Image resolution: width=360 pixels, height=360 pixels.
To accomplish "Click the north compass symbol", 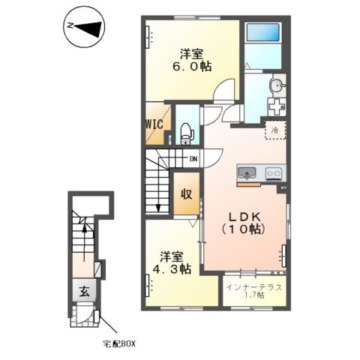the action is click(x=84, y=26).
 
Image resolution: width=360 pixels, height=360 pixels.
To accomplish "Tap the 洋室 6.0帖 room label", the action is click(x=192, y=60).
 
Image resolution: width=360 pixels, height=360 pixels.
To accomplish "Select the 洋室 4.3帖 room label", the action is click(x=172, y=263).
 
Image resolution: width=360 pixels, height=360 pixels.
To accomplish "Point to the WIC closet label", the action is click(x=154, y=124).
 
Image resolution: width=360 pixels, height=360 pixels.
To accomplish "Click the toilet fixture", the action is click(x=187, y=134).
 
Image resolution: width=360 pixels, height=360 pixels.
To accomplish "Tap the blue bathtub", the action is click(x=263, y=32).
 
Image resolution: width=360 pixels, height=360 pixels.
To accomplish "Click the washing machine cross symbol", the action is click(x=276, y=106).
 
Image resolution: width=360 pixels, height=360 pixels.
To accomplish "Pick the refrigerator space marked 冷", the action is click(x=275, y=130).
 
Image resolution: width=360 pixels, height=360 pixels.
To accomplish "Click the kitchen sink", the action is click(x=247, y=173).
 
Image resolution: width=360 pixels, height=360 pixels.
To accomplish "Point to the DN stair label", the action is click(x=193, y=159).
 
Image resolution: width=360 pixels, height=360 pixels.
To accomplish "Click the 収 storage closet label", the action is click(x=187, y=193).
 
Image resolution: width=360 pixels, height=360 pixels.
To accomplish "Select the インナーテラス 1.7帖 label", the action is click(x=254, y=291).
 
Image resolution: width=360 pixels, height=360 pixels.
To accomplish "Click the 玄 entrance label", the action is click(x=84, y=291).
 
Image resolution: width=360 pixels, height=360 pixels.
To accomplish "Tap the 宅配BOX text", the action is click(x=119, y=344).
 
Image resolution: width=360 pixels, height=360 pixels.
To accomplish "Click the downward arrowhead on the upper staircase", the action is click(x=158, y=208).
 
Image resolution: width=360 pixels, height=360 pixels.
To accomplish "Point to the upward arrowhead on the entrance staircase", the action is click(x=85, y=227).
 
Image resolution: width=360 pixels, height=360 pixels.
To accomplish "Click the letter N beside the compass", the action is click(x=70, y=25).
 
